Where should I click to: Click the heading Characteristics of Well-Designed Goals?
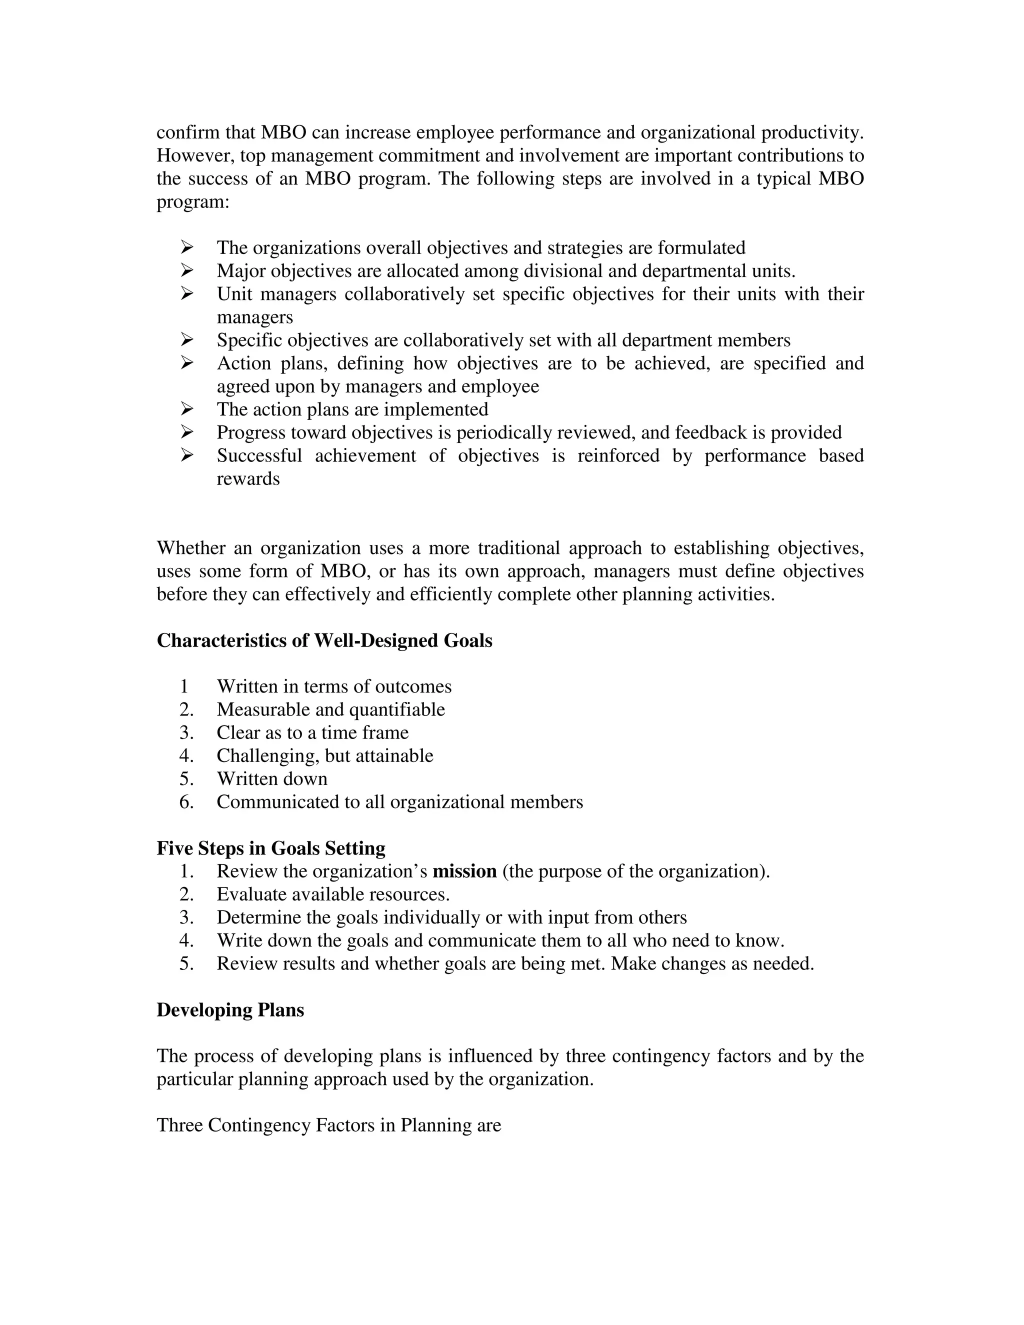[324, 640]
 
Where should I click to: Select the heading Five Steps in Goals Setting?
[270, 848]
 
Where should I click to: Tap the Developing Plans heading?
[230, 1010]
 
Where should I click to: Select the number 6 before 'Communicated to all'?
[185, 802]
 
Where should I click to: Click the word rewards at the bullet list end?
[248, 479]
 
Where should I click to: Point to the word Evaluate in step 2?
[251, 895]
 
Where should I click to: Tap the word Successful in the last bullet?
[259, 456]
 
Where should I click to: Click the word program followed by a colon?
[191, 202]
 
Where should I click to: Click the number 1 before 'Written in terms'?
[184, 687]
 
